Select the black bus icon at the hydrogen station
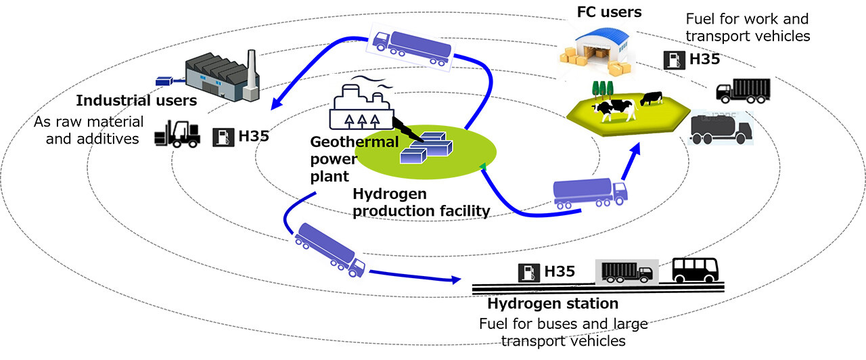[695, 271]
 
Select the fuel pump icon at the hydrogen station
[528, 273]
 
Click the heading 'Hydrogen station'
[553, 303]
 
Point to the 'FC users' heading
[609, 12]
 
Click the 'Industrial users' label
[136, 101]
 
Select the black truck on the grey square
[626, 272]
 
